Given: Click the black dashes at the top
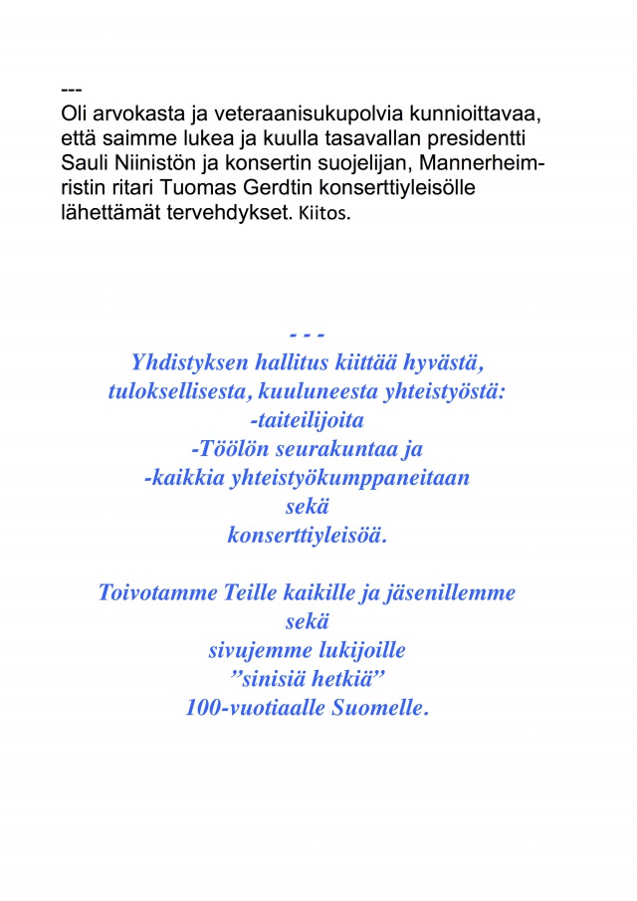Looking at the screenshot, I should (71, 92).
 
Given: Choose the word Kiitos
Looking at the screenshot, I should (324, 212).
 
